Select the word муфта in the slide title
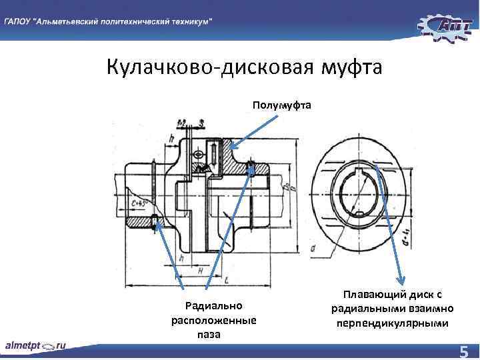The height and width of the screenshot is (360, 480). coord(353,69)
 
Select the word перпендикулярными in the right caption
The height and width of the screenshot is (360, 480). coord(393,323)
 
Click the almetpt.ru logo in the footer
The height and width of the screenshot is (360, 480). coord(36,346)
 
